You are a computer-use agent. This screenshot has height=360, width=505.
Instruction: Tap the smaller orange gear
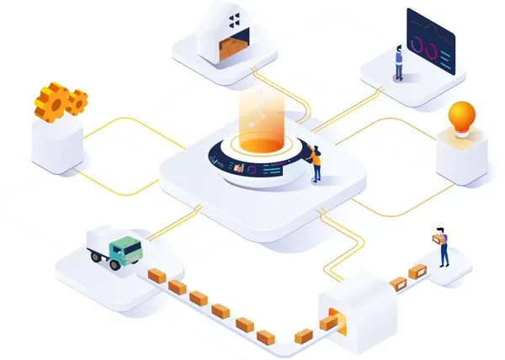coord(77,102)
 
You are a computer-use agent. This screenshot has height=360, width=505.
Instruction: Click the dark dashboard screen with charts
coord(430,41)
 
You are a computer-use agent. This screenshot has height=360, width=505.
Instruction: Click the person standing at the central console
coord(316,163)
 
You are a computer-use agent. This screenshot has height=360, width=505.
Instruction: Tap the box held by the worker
coord(435,239)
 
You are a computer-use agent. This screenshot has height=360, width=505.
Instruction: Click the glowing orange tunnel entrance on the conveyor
coord(335,320)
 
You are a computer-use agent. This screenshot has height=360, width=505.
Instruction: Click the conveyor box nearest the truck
coord(157,276)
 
